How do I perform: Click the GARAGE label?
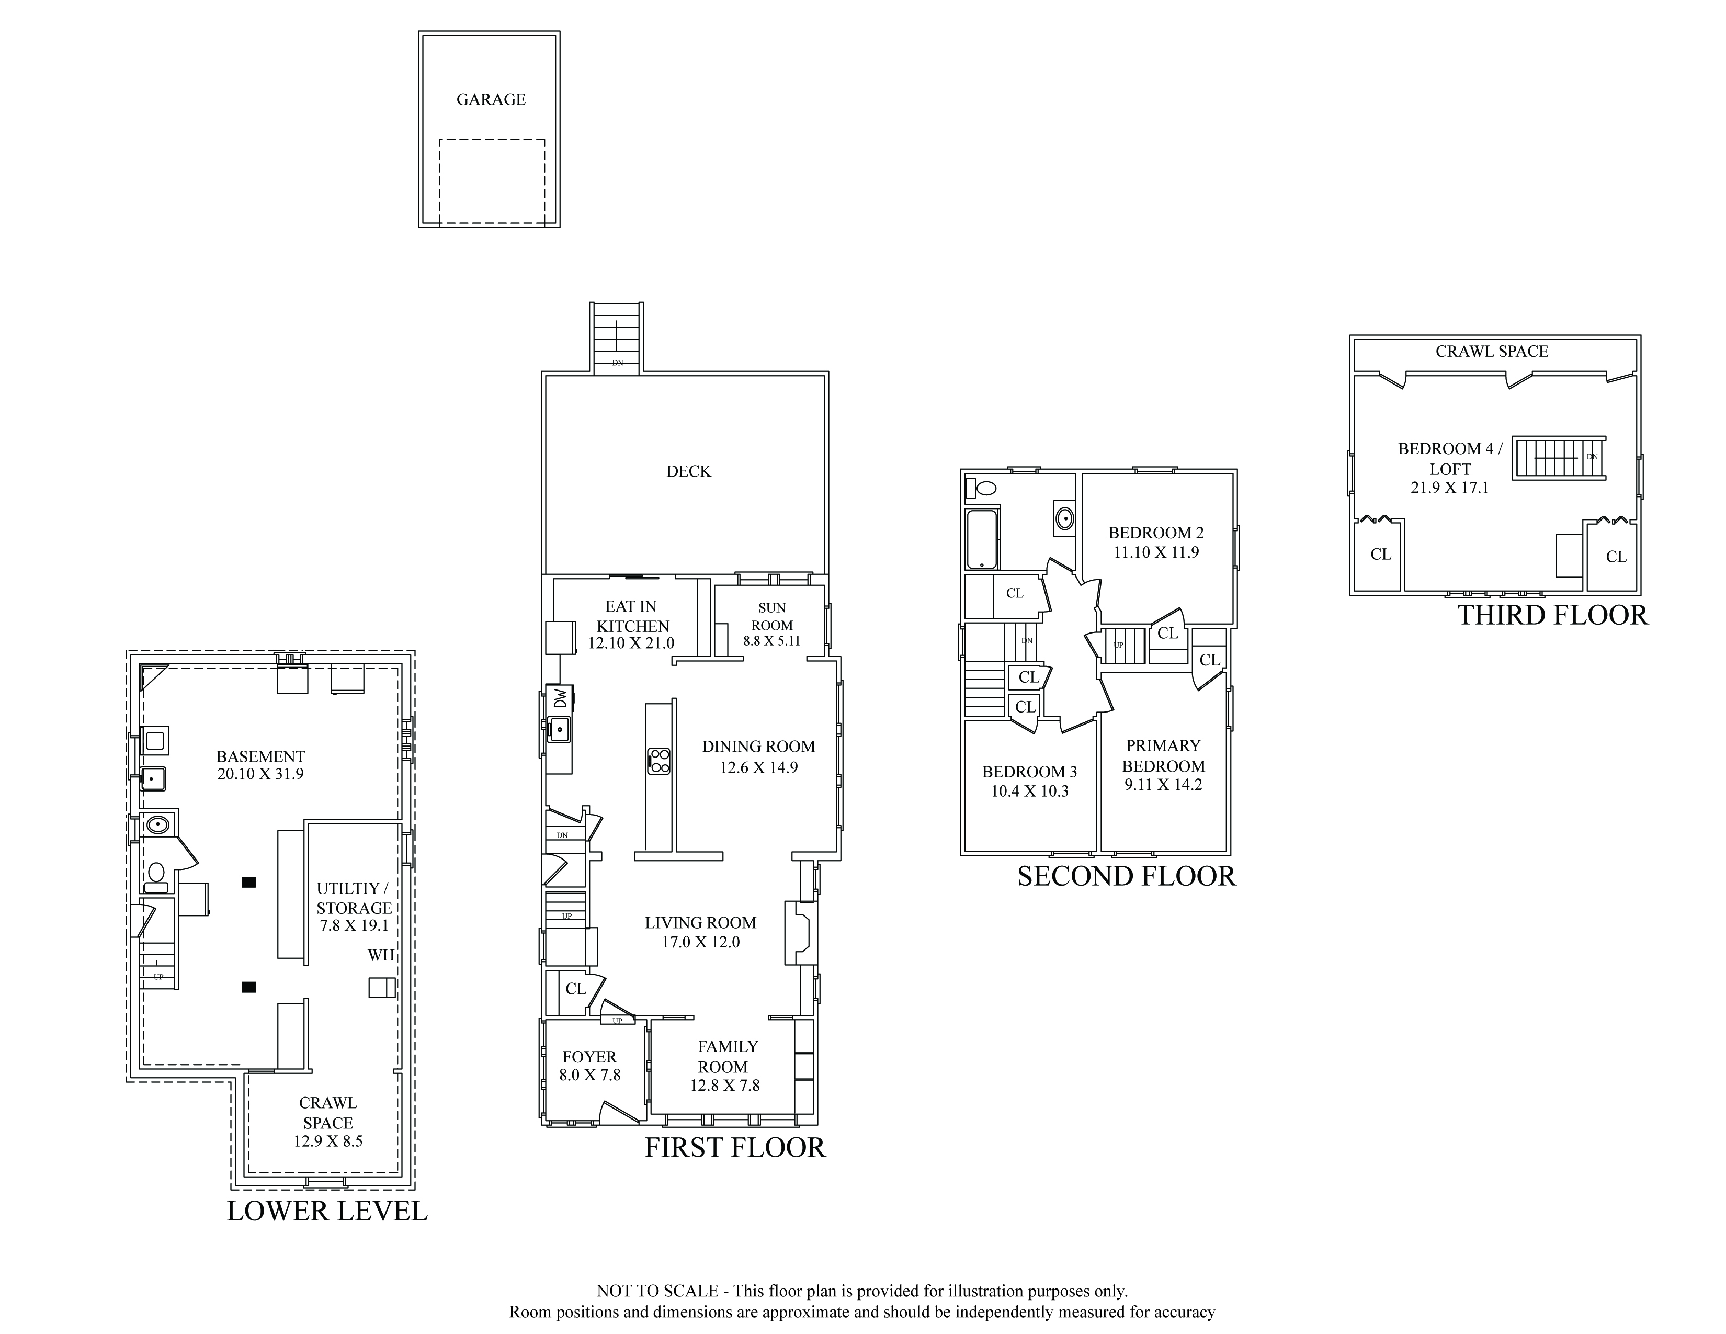click(491, 99)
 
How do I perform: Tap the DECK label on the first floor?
click(688, 472)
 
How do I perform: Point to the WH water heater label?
click(381, 955)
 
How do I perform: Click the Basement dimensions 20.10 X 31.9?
click(261, 774)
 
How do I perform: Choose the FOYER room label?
click(589, 1057)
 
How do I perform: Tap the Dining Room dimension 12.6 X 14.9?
click(759, 767)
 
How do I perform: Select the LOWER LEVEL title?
click(327, 1212)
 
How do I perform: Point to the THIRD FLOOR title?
click(1553, 616)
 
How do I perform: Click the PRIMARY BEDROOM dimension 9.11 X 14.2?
click(1163, 785)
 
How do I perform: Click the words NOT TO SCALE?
click(657, 1291)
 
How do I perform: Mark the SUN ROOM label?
click(772, 616)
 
